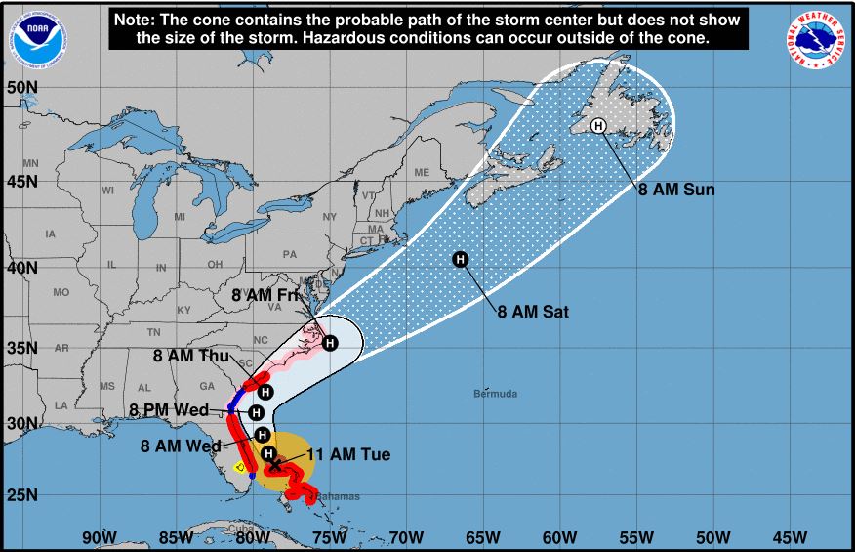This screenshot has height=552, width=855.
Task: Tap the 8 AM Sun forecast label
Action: (x=676, y=190)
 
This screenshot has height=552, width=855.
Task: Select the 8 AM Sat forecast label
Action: (x=533, y=313)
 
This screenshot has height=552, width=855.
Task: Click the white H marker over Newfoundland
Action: (x=598, y=125)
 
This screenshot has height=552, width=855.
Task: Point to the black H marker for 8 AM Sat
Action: (x=461, y=259)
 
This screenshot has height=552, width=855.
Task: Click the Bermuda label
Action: (x=495, y=395)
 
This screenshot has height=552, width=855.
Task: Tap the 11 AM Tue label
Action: (x=348, y=455)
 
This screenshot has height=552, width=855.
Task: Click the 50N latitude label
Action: (x=21, y=88)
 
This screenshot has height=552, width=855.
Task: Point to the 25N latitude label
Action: (x=21, y=494)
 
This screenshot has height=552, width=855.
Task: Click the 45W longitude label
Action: (x=790, y=537)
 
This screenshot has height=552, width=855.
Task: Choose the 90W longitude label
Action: (x=100, y=537)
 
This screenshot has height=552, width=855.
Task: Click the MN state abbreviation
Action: (x=30, y=163)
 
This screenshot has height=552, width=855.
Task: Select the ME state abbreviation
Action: (x=422, y=173)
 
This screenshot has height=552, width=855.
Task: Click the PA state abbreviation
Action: (x=289, y=254)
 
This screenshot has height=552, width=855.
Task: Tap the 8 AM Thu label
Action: (x=190, y=356)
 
